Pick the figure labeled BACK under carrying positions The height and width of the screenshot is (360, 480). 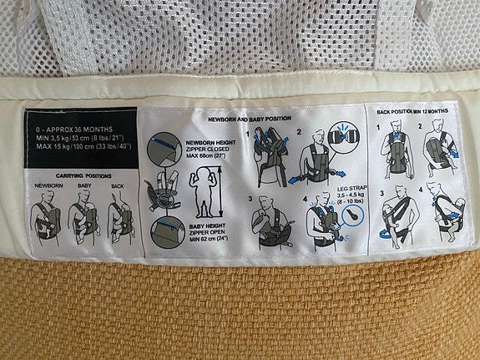pos(119,220)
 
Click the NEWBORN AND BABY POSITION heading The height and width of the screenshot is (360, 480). pos(255,119)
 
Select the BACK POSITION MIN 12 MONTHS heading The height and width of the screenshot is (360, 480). pos(413,112)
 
